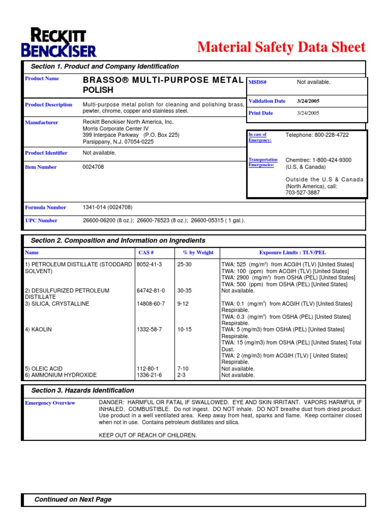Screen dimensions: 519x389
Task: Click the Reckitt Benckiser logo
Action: tap(59, 43)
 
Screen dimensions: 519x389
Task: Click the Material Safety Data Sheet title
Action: tap(281, 47)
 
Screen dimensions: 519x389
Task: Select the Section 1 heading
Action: tap(104, 66)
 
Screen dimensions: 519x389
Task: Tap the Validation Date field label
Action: tap(267, 101)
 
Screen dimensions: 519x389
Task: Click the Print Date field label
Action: tap(261, 113)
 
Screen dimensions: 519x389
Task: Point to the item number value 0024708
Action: tap(93, 167)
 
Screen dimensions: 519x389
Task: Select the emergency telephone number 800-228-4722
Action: tap(317, 135)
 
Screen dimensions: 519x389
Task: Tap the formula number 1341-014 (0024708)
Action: tap(107, 207)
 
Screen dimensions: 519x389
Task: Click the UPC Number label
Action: tap(41, 220)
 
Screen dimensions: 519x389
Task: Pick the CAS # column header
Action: tap(146, 252)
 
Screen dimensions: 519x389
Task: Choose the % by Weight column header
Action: tap(198, 252)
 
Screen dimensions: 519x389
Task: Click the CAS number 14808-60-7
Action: tap(151, 304)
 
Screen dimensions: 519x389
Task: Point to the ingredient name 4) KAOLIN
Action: tap(38, 329)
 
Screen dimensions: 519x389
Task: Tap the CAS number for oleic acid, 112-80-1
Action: tap(148, 368)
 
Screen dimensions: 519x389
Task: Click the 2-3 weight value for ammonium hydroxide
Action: tap(181, 375)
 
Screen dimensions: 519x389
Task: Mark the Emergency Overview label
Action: tap(50, 403)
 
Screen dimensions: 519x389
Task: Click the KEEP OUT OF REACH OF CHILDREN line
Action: tap(147, 435)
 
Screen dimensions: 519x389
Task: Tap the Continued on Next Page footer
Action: tap(72, 499)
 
